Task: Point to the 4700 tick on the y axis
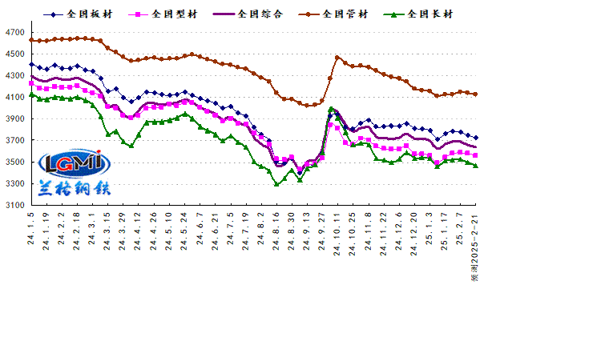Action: point(14,33)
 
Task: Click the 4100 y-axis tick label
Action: point(14,98)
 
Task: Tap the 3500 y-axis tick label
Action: point(14,162)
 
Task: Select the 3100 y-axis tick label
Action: point(14,206)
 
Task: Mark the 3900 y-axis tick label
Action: point(14,119)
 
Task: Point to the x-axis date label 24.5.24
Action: point(184,231)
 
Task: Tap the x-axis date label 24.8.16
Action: point(276,231)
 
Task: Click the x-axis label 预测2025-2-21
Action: point(475,247)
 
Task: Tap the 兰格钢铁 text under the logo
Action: point(74,189)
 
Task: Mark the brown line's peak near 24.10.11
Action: point(337,58)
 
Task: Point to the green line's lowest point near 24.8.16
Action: point(276,184)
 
